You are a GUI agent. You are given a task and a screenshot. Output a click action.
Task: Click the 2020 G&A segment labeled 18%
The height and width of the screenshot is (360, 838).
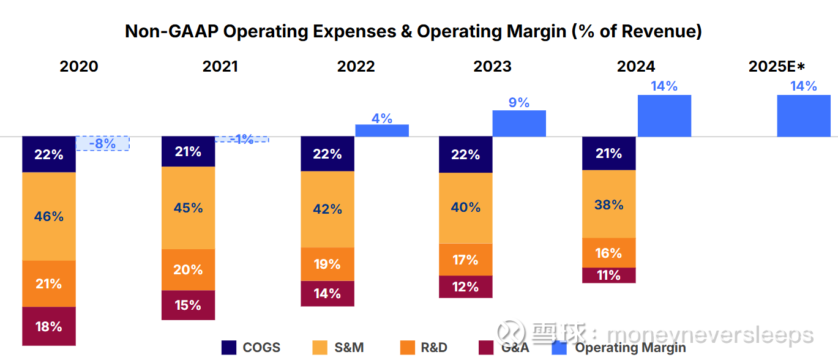click(48, 326)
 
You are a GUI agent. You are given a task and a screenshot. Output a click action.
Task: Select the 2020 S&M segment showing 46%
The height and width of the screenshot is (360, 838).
click(48, 216)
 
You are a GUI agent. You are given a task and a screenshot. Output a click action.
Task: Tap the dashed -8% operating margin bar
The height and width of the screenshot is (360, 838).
click(102, 143)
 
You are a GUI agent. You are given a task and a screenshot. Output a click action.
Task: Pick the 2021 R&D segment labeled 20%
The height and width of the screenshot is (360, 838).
click(188, 269)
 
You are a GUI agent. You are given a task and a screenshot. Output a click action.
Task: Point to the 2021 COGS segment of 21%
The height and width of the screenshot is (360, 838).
click(188, 151)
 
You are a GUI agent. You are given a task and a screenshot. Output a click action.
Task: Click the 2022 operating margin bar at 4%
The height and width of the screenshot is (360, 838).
click(382, 130)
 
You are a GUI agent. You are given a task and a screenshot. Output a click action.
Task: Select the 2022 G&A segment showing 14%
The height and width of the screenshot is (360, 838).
click(327, 293)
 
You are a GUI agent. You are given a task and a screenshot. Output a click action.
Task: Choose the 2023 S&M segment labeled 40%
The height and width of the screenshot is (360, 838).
click(466, 208)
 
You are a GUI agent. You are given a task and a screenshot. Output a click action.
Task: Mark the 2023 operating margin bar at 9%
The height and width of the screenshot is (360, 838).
click(519, 123)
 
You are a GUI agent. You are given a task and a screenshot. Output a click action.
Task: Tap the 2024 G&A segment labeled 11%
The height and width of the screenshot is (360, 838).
click(609, 276)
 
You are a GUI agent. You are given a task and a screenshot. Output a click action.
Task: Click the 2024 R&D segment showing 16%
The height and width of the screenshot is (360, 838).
click(609, 253)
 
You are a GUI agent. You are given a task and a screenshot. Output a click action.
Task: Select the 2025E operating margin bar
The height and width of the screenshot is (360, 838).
click(804, 116)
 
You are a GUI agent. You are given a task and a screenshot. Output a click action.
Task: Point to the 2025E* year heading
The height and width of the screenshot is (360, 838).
click(776, 66)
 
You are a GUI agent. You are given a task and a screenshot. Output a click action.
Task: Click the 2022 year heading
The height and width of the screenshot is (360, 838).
click(356, 66)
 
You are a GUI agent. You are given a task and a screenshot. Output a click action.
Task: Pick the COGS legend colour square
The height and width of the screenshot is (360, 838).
click(229, 348)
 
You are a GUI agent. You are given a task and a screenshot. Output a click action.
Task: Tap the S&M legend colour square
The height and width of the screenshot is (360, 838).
click(320, 348)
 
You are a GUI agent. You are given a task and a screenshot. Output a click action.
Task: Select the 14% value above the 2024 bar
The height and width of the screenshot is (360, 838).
click(664, 86)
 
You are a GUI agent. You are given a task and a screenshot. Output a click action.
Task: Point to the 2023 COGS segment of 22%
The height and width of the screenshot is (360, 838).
click(466, 154)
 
